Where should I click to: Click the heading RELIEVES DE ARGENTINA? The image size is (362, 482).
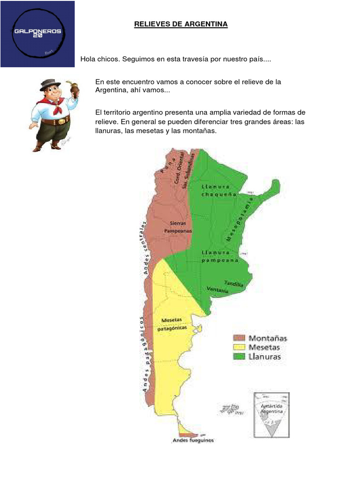click(x=181, y=24)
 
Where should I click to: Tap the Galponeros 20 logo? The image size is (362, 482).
click(x=37, y=34)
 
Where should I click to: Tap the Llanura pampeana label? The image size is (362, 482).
click(x=220, y=256)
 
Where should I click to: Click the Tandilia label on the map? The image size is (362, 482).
click(x=234, y=284)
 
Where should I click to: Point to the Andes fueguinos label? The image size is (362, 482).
click(x=193, y=441)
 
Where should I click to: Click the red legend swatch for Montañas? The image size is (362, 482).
click(x=239, y=338)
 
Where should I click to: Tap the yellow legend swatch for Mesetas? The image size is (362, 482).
click(x=239, y=347)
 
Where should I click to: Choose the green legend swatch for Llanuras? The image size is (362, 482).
click(x=239, y=357)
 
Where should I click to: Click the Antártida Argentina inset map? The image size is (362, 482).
click(x=271, y=415)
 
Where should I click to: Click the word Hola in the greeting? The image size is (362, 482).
click(x=88, y=60)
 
